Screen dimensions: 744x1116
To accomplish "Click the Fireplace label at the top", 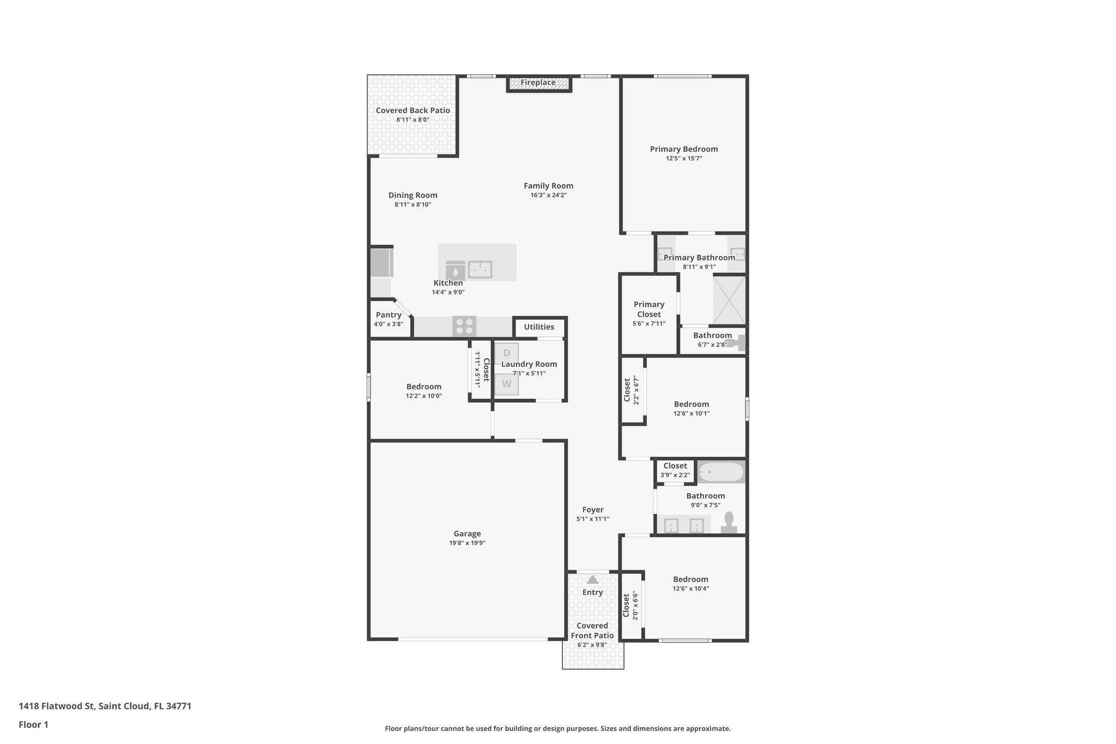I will [x=538, y=83].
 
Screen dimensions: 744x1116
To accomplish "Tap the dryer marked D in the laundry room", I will [x=507, y=353].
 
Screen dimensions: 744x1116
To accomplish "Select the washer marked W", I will [x=507, y=384].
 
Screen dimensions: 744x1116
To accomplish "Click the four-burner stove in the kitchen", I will [x=464, y=326].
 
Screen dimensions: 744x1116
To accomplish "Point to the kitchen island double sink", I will [x=480, y=269].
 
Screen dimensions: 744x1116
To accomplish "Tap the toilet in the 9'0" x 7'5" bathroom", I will [x=729, y=523].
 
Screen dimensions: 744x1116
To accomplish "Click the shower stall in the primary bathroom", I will [x=729, y=300].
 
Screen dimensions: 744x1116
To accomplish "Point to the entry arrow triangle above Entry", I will [x=592, y=579].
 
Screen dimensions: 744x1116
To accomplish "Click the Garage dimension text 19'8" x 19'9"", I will [x=467, y=543].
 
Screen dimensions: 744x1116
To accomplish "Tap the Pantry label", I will [x=389, y=315].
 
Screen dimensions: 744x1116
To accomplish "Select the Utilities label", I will [x=539, y=327].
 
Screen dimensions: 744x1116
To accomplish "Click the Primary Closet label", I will [x=649, y=309].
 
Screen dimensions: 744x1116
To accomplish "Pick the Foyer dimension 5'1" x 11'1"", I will [x=593, y=519].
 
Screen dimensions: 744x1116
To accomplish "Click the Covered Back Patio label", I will [x=413, y=111].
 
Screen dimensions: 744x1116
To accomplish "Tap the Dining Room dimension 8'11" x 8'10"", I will [x=413, y=204].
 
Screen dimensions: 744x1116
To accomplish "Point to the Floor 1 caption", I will [x=34, y=725].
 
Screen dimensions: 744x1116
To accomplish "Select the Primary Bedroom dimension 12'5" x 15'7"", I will [x=684, y=159].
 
